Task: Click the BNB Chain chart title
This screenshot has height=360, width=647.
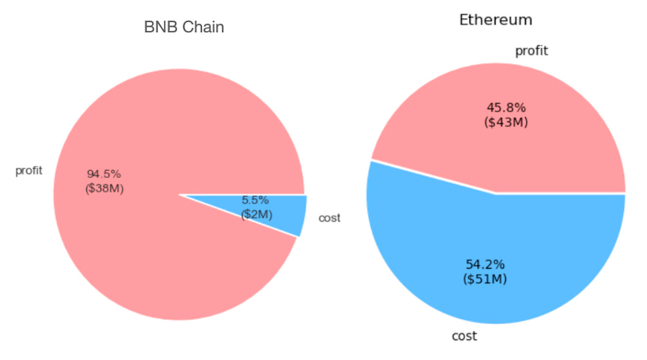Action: point(184,28)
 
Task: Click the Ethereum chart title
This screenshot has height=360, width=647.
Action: point(495,19)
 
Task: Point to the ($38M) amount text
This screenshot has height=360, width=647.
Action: point(105,188)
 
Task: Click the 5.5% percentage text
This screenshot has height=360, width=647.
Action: point(255,201)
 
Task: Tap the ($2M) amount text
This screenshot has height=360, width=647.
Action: point(257,214)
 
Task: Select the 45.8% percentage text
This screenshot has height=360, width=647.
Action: point(506,108)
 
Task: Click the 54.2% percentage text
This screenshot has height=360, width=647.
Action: point(485,264)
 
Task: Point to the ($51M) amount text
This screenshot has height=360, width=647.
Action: point(485,279)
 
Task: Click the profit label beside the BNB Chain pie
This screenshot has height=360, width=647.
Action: point(29,171)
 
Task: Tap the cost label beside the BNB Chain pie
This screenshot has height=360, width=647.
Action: point(329,218)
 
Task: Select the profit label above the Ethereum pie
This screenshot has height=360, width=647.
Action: point(532,51)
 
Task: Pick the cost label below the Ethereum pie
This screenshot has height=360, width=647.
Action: point(464,336)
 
